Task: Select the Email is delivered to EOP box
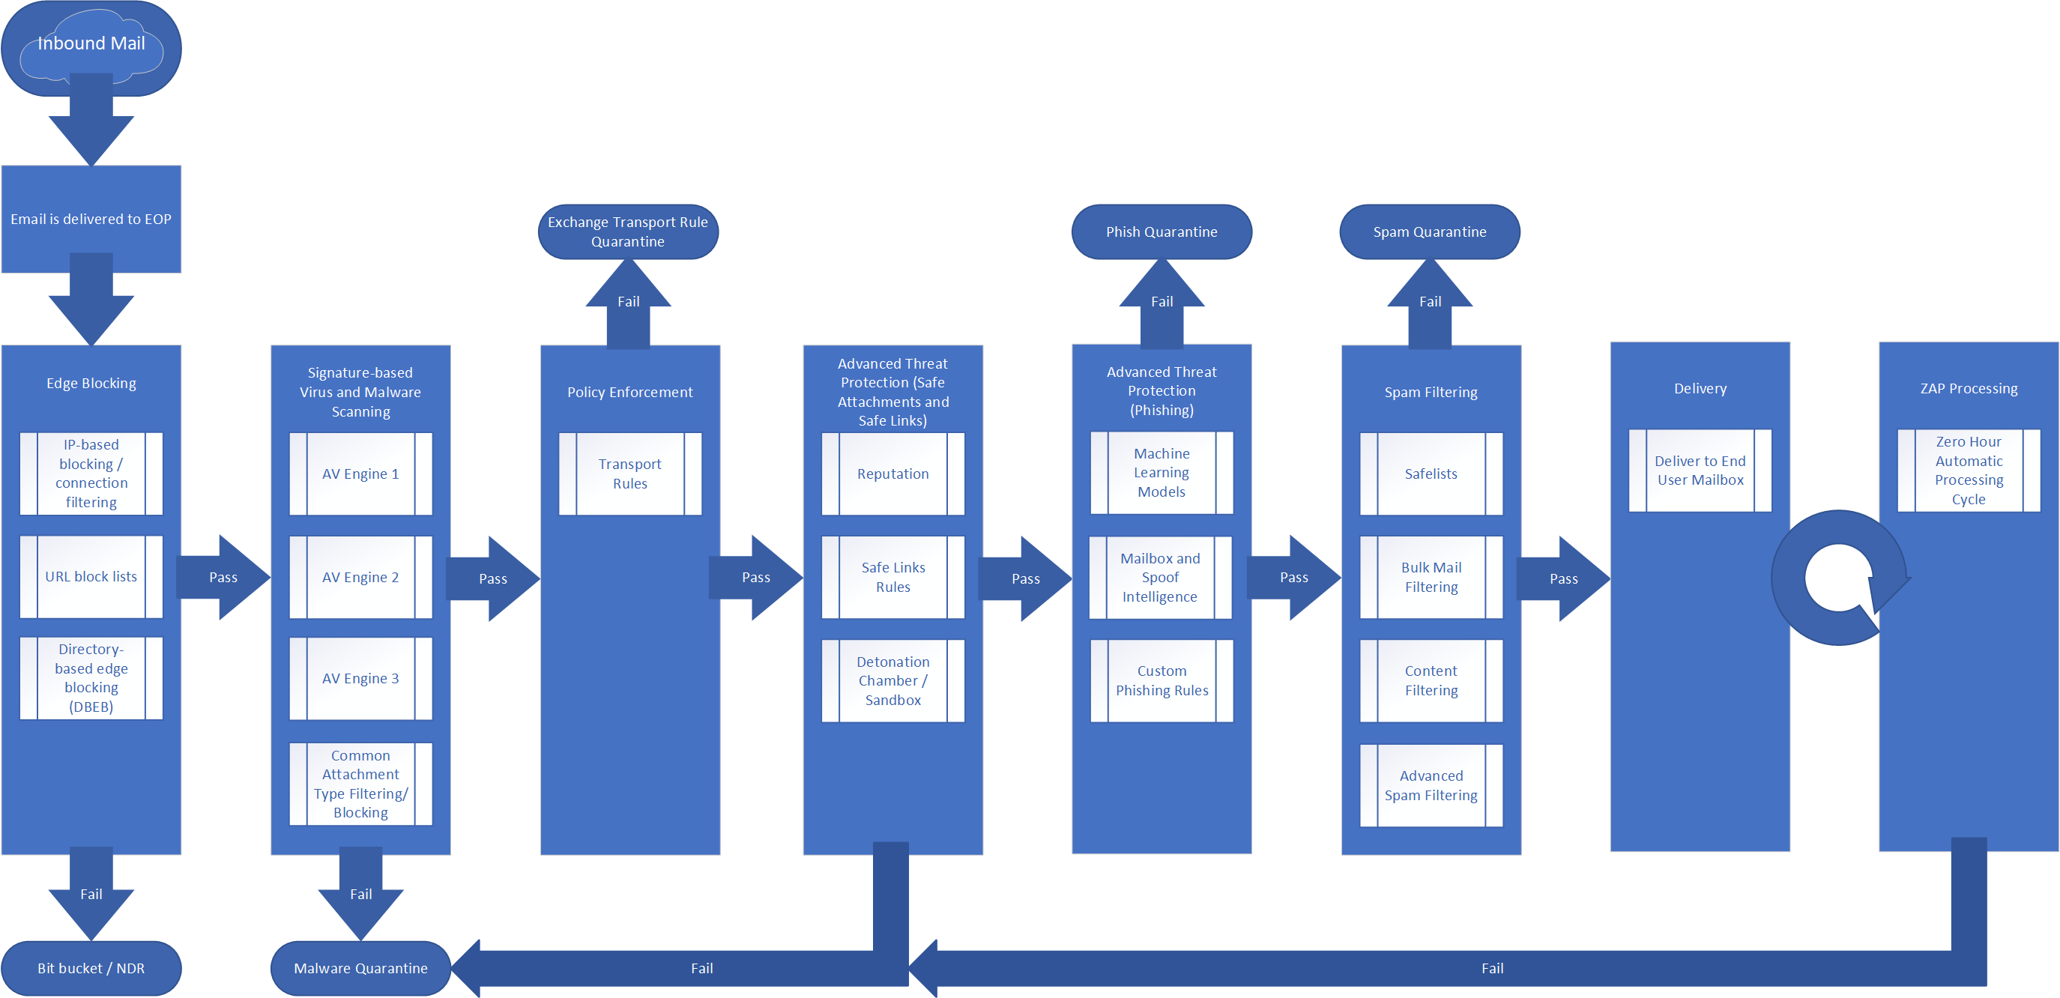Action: pyautogui.click(x=91, y=218)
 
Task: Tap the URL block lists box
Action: pyautogui.click(x=91, y=577)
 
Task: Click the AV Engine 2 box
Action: pyautogui.click(x=360, y=577)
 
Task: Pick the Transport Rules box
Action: pyautogui.click(x=630, y=474)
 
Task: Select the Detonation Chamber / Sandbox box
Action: pyautogui.click(x=893, y=680)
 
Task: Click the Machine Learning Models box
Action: pyautogui.click(x=1162, y=473)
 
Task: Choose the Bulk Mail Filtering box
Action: pyautogui.click(x=1431, y=577)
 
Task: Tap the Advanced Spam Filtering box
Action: pyautogui.click(x=1431, y=785)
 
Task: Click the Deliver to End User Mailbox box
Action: pyautogui.click(x=1700, y=471)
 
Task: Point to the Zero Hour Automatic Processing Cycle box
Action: pyautogui.click(x=1969, y=471)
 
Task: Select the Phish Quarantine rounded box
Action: pyautogui.click(x=1162, y=232)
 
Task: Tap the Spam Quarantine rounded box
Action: pyautogui.click(x=1430, y=232)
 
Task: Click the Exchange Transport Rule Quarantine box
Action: pyautogui.click(x=628, y=232)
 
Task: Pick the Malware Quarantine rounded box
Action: pyautogui.click(x=360, y=967)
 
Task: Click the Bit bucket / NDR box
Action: pyautogui.click(x=91, y=967)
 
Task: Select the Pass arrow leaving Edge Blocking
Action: pyautogui.click(x=224, y=578)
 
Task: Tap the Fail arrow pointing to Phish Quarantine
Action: pyautogui.click(x=1162, y=304)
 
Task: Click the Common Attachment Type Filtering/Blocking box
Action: pyautogui.click(x=360, y=784)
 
